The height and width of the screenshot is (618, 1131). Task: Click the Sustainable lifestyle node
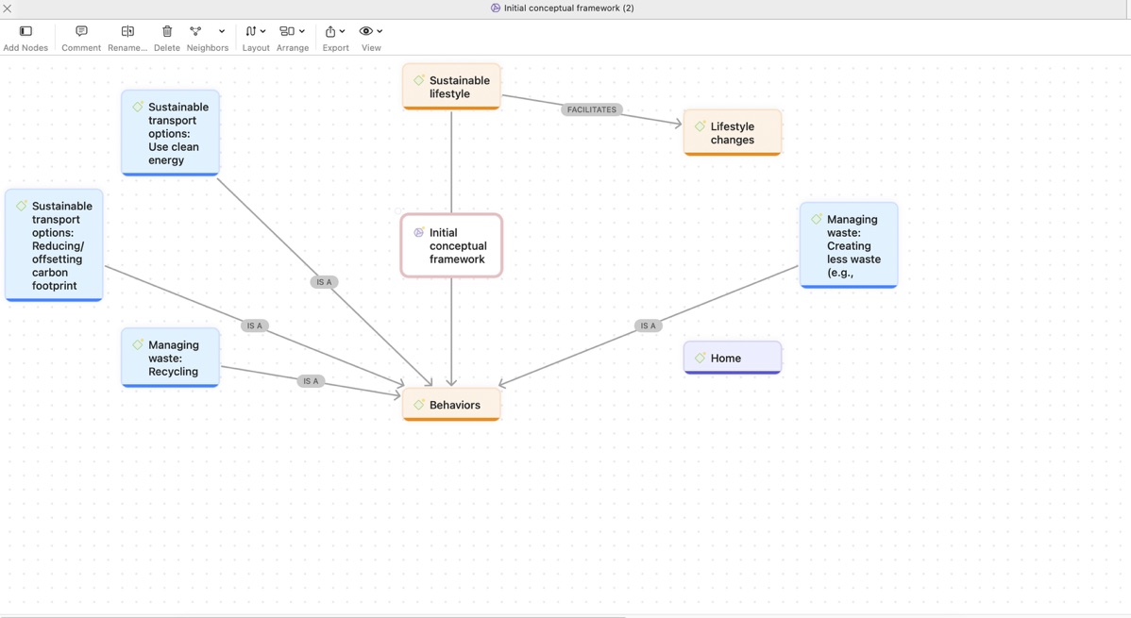point(451,87)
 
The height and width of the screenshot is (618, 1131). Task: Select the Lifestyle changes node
point(732,133)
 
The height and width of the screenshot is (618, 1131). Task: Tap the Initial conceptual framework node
point(451,245)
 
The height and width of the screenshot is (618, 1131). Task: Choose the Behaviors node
point(451,405)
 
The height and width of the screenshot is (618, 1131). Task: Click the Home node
point(732,358)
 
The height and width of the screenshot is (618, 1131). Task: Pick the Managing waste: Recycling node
point(170,358)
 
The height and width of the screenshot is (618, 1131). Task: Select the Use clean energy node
point(170,133)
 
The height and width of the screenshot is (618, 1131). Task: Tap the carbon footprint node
point(54,245)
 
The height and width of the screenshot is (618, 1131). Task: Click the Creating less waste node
point(849,245)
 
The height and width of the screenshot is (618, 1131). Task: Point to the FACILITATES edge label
point(592,109)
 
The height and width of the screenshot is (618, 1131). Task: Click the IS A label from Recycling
point(311,381)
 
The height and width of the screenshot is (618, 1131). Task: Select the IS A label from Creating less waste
point(648,326)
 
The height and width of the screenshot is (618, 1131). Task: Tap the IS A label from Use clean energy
point(324,282)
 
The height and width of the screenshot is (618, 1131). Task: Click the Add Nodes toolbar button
point(26,39)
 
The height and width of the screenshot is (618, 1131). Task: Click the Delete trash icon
point(166,31)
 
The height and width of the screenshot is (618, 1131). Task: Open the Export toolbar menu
point(335,39)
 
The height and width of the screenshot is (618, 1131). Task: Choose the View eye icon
point(366,31)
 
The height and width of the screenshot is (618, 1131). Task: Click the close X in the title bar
point(8,8)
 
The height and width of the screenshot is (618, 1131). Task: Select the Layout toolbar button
point(255,39)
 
